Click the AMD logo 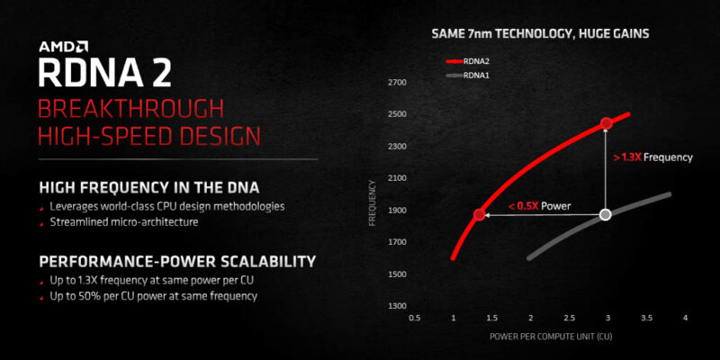pyautogui.click(x=63, y=47)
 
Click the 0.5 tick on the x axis pyautogui.click(x=414, y=318)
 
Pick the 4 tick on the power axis pyautogui.click(x=685, y=318)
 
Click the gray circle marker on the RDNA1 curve pyautogui.click(x=606, y=214)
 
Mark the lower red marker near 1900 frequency pyautogui.click(x=479, y=214)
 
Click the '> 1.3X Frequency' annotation pyautogui.click(x=652, y=157)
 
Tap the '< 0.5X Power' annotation pyautogui.click(x=539, y=206)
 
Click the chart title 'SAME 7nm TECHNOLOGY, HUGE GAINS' pyautogui.click(x=541, y=34)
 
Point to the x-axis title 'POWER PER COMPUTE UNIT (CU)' pyautogui.click(x=551, y=337)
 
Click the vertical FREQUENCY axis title pyautogui.click(x=373, y=202)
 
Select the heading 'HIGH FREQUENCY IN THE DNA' pyautogui.click(x=149, y=188)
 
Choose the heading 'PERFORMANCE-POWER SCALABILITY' pyautogui.click(x=177, y=262)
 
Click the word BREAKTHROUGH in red pyautogui.click(x=130, y=110)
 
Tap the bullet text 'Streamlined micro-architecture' pyautogui.click(x=124, y=222)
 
